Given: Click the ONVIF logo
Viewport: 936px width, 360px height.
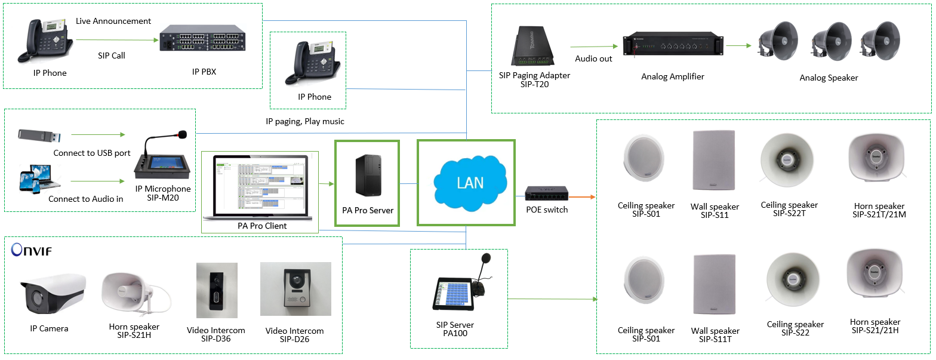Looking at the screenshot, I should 31,250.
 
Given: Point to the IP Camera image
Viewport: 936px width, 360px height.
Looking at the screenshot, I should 53,296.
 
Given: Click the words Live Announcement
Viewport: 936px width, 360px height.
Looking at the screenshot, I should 113,21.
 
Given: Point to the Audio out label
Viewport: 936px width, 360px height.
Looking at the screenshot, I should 593,59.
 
